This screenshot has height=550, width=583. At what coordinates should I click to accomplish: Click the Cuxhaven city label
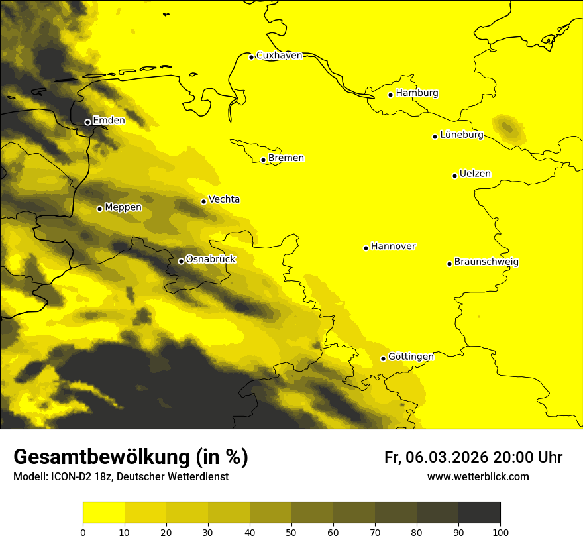[x=279, y=56]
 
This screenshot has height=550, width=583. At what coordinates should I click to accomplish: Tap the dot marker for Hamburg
[x=391, y=95]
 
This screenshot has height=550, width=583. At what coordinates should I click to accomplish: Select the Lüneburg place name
[x=462, y=135]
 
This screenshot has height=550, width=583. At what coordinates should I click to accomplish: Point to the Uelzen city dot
[x=454, y=176]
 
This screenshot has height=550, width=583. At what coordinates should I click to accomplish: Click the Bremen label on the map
[x=286, y=158]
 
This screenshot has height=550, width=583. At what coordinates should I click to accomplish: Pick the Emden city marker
[x=87, y=122]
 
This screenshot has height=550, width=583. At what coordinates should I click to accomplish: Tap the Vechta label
[x=224, y=199]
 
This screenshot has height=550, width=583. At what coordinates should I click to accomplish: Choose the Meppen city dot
[x=99, y=209]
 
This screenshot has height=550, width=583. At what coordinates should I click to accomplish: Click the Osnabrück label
[x=211, y=259]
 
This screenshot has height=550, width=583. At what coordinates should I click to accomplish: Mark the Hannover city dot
[x=366, y=248]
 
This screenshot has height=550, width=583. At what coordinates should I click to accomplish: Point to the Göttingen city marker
[x=383, y=358]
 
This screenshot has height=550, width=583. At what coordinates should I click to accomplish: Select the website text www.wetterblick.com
[x=478, y=477]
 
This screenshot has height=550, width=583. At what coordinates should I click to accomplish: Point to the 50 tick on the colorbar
[x=291, y=532]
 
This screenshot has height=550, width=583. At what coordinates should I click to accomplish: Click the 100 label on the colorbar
[x=500, y=532]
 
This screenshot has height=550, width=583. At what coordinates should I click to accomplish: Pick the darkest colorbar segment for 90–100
[x=479, y=513]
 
